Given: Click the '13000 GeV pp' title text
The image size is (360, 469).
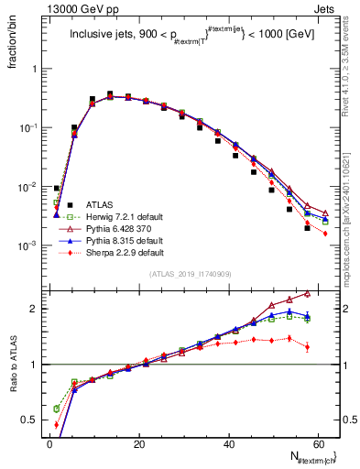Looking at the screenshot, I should click(x=65, y=8).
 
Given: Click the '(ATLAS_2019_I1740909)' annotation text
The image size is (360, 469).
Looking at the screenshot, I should click(x=190, y=273).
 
